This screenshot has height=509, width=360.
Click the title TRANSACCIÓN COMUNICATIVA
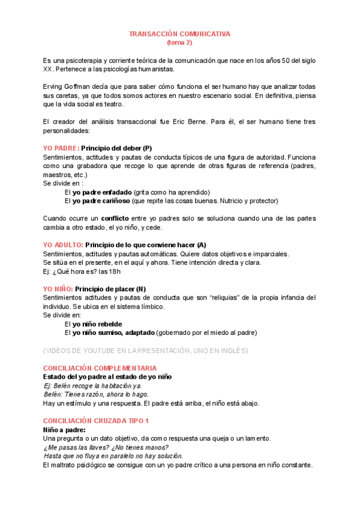[x=179, y=34]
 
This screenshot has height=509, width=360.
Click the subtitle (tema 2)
[x=179, y=43]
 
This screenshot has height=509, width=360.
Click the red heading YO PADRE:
[x=61, y=148]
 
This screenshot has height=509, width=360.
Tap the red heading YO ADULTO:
[x=63, y=245]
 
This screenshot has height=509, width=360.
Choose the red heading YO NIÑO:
[x=58, y=289]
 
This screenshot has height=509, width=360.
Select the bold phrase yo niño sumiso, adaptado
[x=113, y=333]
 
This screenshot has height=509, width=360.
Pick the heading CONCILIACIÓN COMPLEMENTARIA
[x=100, y=368]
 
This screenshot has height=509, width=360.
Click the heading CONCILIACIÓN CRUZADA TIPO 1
[x=96, y=421]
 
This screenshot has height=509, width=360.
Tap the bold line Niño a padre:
[x=64, y=430]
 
